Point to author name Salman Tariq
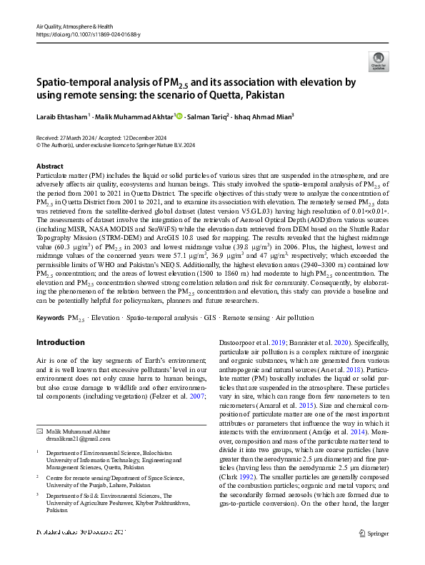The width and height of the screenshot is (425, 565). tap(209, 116)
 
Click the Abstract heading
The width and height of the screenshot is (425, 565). tap(49, 166)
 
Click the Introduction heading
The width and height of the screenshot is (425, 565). tap(60, 342)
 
